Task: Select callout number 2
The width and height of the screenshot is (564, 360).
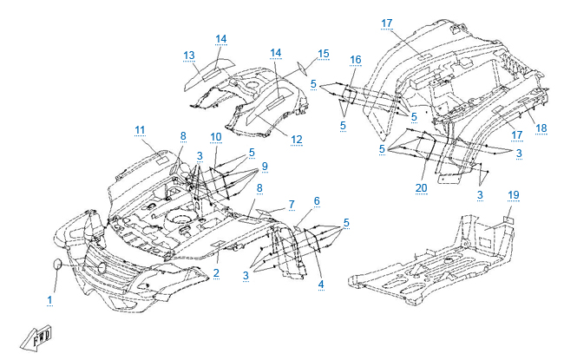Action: [215, 274]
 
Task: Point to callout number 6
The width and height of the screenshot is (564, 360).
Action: [316, 201]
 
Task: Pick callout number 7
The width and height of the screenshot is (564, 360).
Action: [292, 204]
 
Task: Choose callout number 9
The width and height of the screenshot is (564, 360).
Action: [265, 166]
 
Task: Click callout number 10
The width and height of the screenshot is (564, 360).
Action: [215, 137]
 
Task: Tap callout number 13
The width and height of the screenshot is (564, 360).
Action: [189, 56]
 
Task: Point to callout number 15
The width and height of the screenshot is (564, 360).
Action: [323, 54]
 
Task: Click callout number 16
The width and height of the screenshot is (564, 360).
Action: [355, 59]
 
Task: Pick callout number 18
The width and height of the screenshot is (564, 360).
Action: [541, 128]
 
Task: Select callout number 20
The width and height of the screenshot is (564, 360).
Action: [422, 187]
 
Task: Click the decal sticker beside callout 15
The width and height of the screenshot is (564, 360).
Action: [301, 68]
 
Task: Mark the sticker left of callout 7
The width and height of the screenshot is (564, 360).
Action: [266, 211]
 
